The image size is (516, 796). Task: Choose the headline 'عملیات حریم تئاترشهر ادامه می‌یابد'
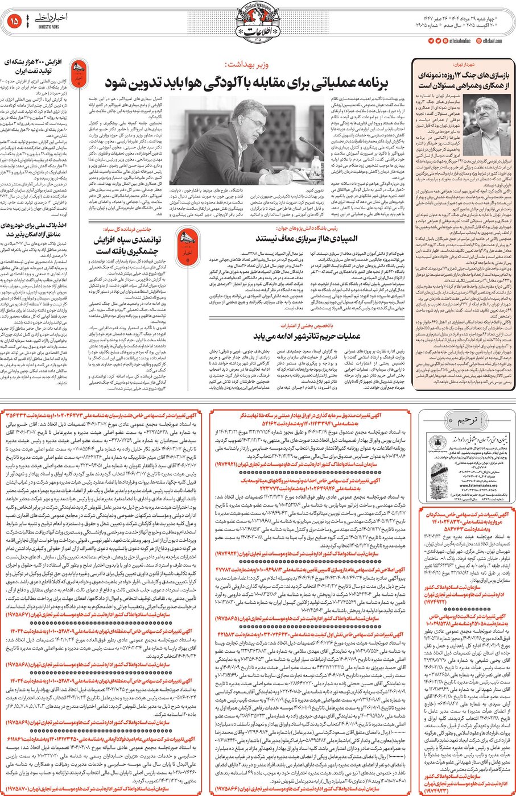pos(306,336)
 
